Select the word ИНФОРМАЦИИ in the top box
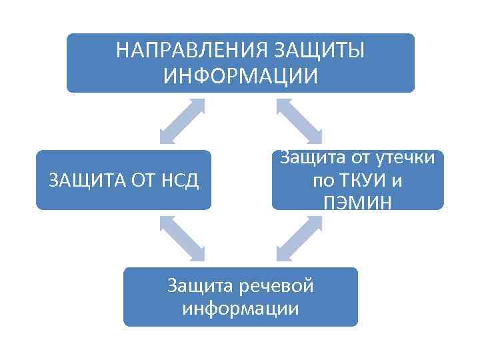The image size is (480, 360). click(241, 75)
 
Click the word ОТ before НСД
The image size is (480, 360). click(137, 180)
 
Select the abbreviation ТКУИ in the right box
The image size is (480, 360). click(360, 181)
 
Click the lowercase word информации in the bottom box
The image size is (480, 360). click(240, 309)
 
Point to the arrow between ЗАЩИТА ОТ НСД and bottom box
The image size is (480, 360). click(181, 238)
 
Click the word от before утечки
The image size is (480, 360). click(352, 158)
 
